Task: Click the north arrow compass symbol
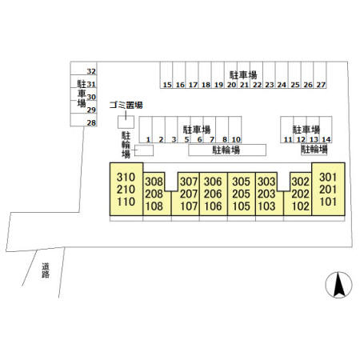338,285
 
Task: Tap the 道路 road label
46,270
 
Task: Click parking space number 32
91,71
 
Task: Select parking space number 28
91,123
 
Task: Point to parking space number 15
167,85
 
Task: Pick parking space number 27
321,85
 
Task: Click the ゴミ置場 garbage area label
126,105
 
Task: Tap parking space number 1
149,139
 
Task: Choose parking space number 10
236,139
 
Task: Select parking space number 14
326,139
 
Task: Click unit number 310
126,177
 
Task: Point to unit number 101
328,202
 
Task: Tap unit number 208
154,194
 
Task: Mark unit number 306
213,182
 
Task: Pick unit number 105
241,206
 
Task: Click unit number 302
300,182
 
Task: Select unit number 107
189,206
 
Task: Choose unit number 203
266,194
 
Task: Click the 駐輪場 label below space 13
314,149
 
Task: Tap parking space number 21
244,85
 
